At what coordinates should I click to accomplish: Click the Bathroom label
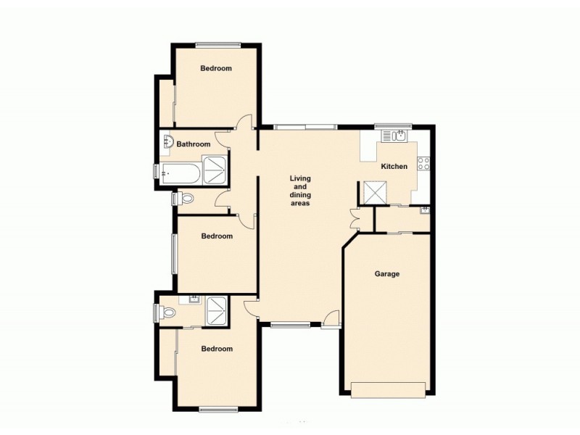tap(194, 144)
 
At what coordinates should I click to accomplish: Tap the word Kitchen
tap(394, 166)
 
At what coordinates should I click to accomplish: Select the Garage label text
tap(387, 274)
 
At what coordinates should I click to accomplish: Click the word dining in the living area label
tap(300, 195)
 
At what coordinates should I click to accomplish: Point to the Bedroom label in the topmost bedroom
tap(216, 69)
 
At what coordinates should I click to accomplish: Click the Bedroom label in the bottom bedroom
tap(217, 349)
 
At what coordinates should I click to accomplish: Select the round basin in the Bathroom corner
tap(167, 141)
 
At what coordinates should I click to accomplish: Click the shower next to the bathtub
tap(215, 167)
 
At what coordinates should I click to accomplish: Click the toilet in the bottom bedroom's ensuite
tap(168, 313)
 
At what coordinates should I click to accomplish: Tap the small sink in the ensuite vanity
tap(194, 299)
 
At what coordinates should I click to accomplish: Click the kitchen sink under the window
tap(398, 135)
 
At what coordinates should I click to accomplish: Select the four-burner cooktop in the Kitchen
tap(425, 164)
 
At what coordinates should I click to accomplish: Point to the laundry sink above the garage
tap(424, 211)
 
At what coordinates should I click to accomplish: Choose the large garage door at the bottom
tap(388, 390)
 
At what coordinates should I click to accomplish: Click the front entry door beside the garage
tap(331, 318)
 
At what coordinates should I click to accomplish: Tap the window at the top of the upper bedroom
tap(217, 46)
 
